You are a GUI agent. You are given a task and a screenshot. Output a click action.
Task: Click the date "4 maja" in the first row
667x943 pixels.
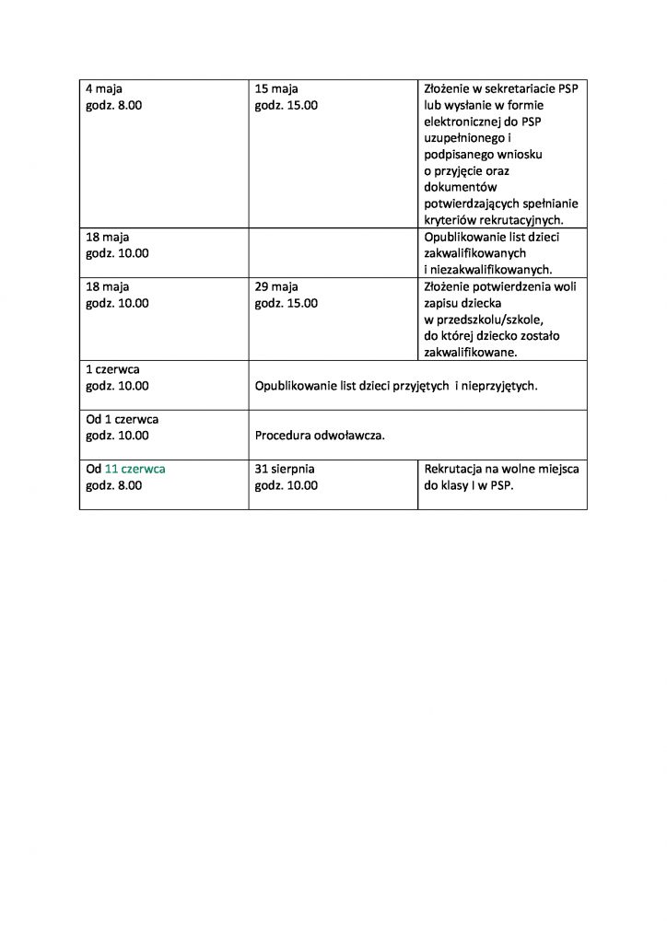click(x=104, y=89)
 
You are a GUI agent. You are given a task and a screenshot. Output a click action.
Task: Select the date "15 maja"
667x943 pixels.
click(x=276, y=89)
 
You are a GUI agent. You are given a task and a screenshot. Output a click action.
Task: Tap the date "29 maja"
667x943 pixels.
click(x=276, y=286)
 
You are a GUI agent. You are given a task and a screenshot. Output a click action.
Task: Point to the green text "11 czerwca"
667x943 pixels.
click(x=135, y=469)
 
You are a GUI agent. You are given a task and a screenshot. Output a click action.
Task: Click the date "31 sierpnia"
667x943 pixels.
click(x=285, y=469)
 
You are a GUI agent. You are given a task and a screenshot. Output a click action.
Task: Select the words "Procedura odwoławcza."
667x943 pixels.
click(x=320, y=435)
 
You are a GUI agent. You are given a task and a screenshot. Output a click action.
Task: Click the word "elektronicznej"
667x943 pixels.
click(x=466, y=122)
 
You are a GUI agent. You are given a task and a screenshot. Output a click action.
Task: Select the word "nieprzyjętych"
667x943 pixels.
click(x=500, y=386)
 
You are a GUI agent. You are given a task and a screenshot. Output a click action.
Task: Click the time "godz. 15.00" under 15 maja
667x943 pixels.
click(x=287, y=106)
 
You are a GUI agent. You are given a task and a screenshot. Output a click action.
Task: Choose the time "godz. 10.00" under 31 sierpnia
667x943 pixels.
click(x=287, y=485)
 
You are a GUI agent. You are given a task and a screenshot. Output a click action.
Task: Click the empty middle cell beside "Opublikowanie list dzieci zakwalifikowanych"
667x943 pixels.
click(x=333, y=253)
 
